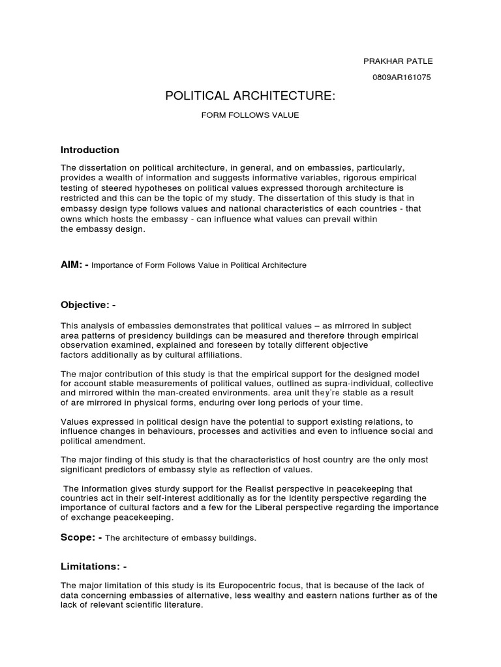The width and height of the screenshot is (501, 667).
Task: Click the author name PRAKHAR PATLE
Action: [397, 61]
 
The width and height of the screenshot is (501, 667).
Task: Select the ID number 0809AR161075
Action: [401, 78]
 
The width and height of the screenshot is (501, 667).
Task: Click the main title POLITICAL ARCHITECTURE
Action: [250, 96]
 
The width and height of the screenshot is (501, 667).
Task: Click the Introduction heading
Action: [90, 150]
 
